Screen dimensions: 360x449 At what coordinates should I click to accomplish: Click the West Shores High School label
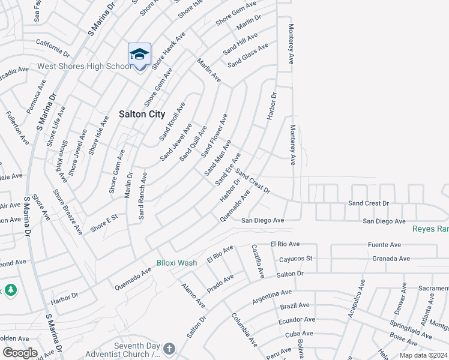83,66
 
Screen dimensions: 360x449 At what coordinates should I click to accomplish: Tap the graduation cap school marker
139,54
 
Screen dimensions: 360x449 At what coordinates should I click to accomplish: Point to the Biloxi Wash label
176,263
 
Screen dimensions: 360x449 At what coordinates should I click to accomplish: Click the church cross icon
169,349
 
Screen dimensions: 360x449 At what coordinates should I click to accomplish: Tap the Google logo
20,352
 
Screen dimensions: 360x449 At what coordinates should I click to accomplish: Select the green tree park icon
11,290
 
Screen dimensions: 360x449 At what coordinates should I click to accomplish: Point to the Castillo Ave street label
257,261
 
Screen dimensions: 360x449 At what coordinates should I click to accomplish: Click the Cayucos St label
296,259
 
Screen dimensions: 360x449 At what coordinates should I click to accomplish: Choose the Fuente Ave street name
385,245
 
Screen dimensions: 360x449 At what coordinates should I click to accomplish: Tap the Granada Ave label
391,259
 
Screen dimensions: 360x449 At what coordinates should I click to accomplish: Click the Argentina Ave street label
272,295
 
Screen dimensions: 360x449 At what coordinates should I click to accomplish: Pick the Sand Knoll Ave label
172,121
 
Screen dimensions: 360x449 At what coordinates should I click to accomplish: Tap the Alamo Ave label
193,295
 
